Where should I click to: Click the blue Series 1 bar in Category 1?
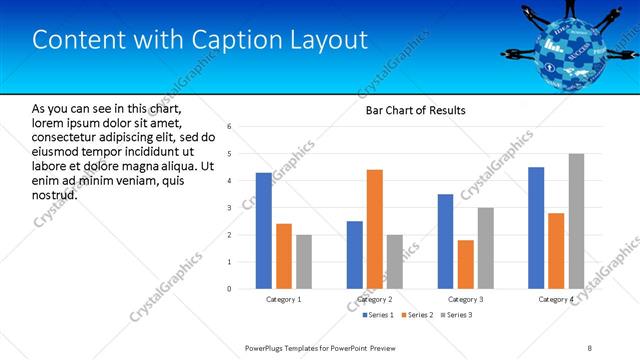point(264,231)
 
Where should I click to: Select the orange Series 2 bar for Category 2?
point(375,229)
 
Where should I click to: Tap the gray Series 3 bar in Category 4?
point(576,221)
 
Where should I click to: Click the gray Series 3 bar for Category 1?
point(304,262)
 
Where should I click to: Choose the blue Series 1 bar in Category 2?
point(355,255)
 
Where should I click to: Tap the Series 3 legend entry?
point(456,316)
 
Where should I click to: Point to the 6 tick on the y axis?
point(229,127)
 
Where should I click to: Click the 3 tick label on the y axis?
point(229,208)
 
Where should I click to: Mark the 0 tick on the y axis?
point(229,289)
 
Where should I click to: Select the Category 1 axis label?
point(284,299)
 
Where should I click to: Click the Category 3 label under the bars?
point(465,299)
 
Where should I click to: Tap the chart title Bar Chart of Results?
point(411,110)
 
